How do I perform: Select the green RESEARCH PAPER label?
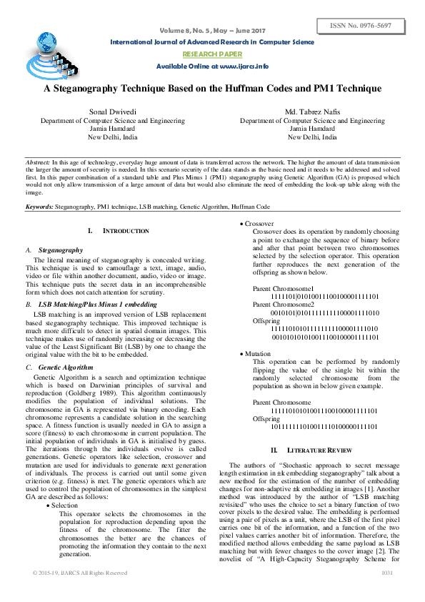(x=212, y=54)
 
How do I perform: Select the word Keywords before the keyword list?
(x=39, y=205)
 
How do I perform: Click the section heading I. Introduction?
(x=118, y=232)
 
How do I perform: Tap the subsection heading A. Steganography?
(x=61, y=250)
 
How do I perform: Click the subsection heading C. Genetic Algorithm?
(x=67, y=367)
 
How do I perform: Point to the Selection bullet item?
(x=65, y=505)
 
